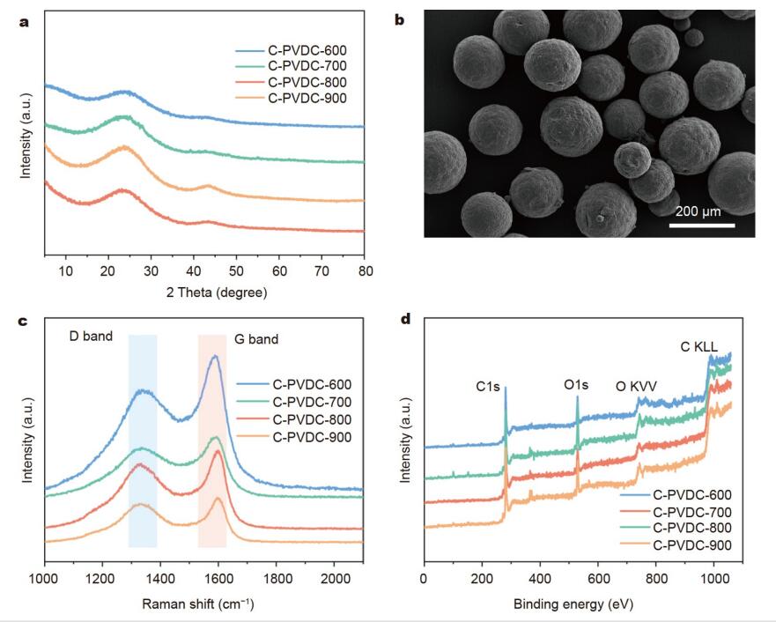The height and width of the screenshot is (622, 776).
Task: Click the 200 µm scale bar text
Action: [701, 211]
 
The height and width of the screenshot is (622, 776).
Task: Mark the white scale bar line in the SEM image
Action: [701, 225]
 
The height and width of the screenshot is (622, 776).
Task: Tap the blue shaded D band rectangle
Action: [143, 441]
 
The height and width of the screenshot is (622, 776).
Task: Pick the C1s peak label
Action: [485, 384]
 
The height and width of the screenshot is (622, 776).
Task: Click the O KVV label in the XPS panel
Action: [635, 384]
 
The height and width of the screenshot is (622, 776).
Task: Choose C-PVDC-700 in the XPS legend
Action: [691, 512]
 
